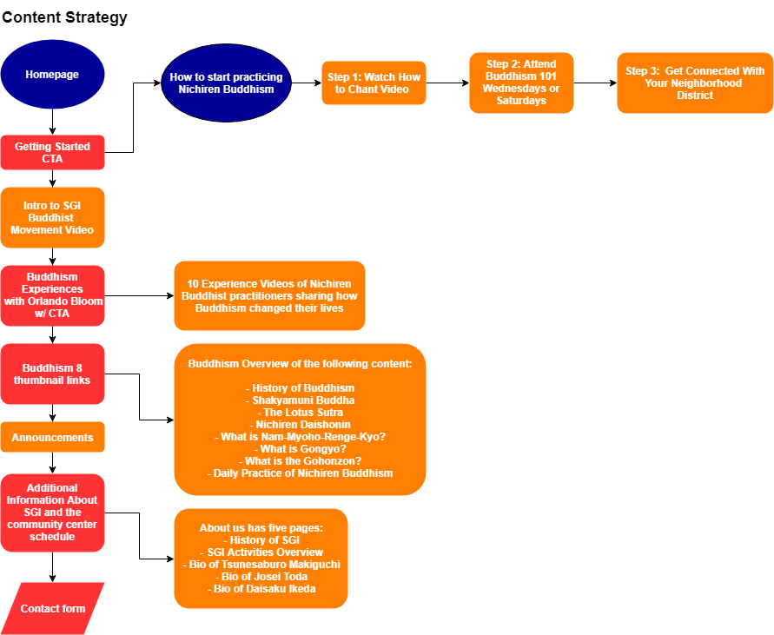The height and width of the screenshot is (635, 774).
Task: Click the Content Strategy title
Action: click(64, 17)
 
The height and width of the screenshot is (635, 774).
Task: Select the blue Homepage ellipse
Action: click(52, 75)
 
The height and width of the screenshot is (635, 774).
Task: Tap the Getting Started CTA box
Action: click(52, 153)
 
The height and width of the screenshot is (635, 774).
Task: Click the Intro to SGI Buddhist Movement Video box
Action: click(52, 218)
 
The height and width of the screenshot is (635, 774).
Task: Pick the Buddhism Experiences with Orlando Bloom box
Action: click(52, 295)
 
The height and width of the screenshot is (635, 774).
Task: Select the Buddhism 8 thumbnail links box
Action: click(52, 374)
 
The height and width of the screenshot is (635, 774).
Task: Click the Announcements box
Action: click(52, 438)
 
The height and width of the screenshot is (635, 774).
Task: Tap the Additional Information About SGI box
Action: click(52, 513)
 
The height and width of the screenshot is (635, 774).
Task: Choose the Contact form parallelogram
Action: click(52, 608)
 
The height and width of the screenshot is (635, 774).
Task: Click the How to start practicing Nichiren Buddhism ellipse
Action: click(226, 83)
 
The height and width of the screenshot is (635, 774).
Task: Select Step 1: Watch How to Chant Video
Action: click(374, 83)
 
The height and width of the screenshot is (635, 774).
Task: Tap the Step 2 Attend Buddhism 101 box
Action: click(521, 83)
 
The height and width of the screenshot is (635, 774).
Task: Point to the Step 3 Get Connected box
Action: click(695, 83)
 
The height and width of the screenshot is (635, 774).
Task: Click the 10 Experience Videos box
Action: click(269, 296)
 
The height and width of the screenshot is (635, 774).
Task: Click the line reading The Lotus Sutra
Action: click(300, 413)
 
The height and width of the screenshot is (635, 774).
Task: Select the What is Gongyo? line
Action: click(300, 449)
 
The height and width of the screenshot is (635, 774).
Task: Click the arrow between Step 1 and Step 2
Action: click(447, 83)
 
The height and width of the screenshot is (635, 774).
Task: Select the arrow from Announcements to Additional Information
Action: click(52, 463)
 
